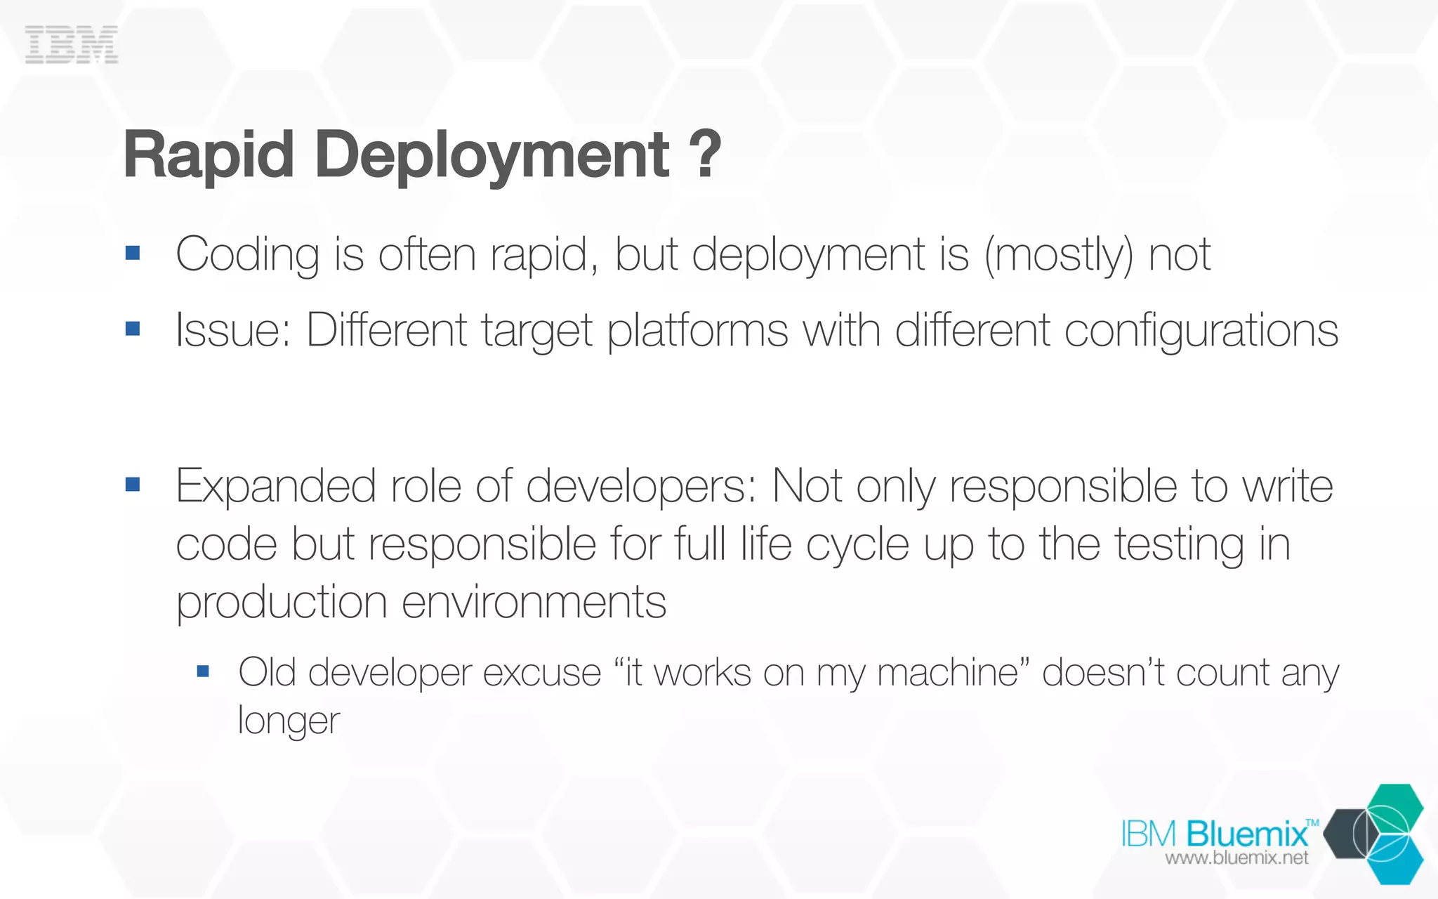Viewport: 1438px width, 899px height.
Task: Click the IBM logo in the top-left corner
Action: click(x=72, y=45)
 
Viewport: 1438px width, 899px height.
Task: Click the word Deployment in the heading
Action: click(x=492, y=156)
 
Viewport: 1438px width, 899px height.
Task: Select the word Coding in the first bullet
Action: click(x=248, y=255)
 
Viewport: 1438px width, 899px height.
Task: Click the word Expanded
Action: click(x=275, y=487)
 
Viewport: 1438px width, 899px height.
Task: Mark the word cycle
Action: click(x=857, y=546)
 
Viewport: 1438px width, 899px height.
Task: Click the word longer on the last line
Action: click(x=289, y=721)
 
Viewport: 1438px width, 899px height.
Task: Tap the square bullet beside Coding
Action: click(x=133, y=253)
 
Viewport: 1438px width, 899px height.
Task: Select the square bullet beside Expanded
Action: click(x=133, y=485)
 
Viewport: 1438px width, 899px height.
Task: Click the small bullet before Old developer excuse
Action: click(x=204, y=671)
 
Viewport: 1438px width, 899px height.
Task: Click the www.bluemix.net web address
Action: click(x=1236, y=858)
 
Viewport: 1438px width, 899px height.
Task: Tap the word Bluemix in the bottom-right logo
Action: click(x=1247, y=834)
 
